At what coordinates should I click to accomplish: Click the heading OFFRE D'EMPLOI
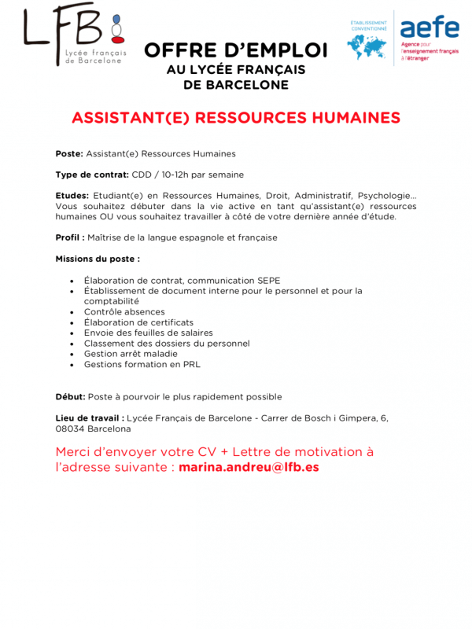click(235, 50)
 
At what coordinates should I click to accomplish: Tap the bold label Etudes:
click(72, 195)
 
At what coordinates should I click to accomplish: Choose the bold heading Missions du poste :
click(98, 258)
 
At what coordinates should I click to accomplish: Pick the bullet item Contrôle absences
click(124, 312)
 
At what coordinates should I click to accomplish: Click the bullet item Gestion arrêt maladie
click(131, 354)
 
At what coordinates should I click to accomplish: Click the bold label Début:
click(70, 396)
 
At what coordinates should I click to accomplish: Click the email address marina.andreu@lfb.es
click(249, 467)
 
